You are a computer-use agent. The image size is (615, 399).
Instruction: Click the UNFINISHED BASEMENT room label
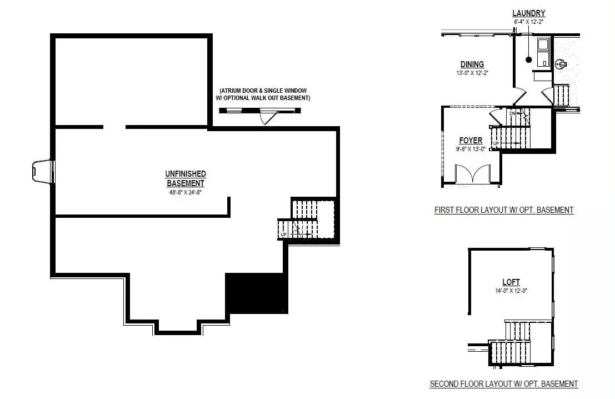tap(186, 178)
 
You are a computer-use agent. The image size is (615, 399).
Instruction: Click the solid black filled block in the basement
tap(256, 293)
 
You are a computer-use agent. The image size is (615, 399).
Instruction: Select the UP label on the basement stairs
tap(283, 235)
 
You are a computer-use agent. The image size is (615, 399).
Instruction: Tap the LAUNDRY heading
tap(528, 13)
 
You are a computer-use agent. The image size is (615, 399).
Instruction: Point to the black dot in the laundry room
tap(529, 59)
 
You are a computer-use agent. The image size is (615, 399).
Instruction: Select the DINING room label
tap(472, 64)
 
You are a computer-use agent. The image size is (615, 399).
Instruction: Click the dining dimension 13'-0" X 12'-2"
tap(472, 73)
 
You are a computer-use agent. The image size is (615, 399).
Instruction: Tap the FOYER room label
tap(471, 141)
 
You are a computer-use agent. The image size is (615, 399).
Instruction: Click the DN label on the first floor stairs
tap(512, 113)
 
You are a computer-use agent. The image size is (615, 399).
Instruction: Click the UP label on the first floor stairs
tap(496, 144)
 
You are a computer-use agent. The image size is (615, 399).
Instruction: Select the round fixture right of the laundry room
tap(559, 64)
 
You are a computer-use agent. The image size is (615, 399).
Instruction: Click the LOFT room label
tap(511, 282)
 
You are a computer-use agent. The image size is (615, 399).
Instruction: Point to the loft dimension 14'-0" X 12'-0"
tap(511, 291)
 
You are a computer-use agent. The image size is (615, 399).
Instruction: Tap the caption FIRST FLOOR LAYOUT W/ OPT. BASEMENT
tap(503, 210)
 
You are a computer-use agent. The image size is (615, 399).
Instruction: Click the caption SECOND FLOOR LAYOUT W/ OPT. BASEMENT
tap(503, 384)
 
